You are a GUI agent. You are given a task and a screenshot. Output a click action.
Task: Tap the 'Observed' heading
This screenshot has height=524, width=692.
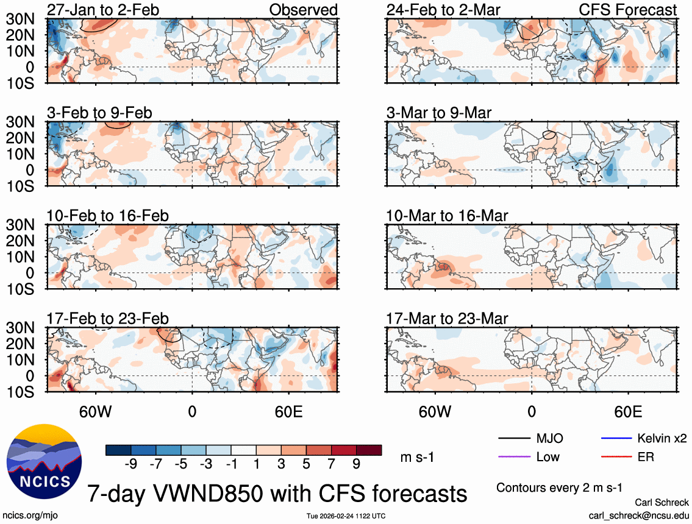[304, 10]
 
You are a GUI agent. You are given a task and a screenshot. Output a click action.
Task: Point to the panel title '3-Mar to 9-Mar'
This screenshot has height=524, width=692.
[439, 113]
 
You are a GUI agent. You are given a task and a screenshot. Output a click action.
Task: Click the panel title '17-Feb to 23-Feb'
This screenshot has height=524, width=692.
[107, 319]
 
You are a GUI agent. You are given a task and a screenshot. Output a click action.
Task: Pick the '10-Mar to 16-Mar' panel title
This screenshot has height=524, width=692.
[447, 216]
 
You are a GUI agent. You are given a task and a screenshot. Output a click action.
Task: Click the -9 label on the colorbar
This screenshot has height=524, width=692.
[130, 464]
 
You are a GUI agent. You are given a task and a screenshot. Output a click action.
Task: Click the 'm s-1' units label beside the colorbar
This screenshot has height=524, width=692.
[417, 457]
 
